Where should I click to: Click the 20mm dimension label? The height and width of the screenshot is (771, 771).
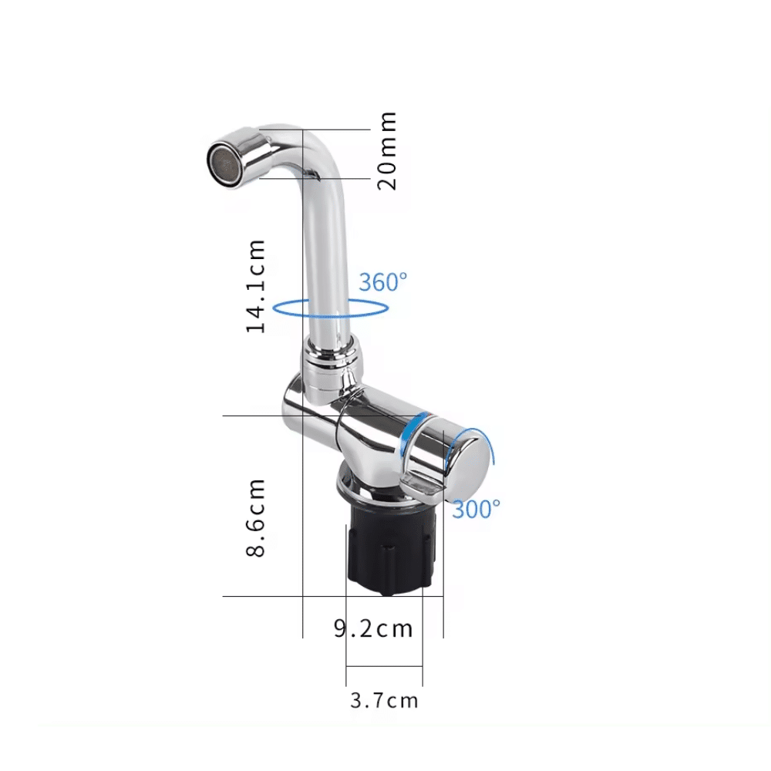point(388,150)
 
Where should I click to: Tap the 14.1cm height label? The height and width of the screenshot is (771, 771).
point(256,285)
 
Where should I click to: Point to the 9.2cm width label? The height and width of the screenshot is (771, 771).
point(373,628)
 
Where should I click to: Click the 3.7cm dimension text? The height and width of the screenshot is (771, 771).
point(384,700)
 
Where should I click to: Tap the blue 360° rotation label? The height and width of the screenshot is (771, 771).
point(382,281)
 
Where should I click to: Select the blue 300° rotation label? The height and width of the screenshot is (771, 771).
point(476,508)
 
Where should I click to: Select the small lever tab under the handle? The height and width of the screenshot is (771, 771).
point(421,487)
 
